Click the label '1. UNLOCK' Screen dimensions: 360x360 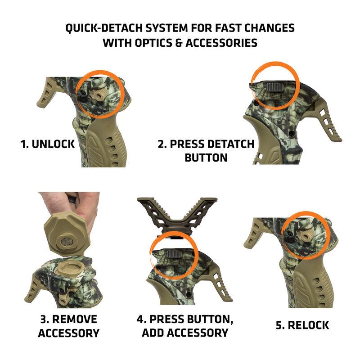tap(47, 145)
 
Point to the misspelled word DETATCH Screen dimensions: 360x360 tap(231, 145)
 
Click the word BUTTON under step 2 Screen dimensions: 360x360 tap(206, 157)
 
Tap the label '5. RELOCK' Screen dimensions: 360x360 tap(302, 325)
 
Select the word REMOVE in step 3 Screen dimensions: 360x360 tap(75, 319)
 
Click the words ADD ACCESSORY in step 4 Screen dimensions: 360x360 tap(185, 333)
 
